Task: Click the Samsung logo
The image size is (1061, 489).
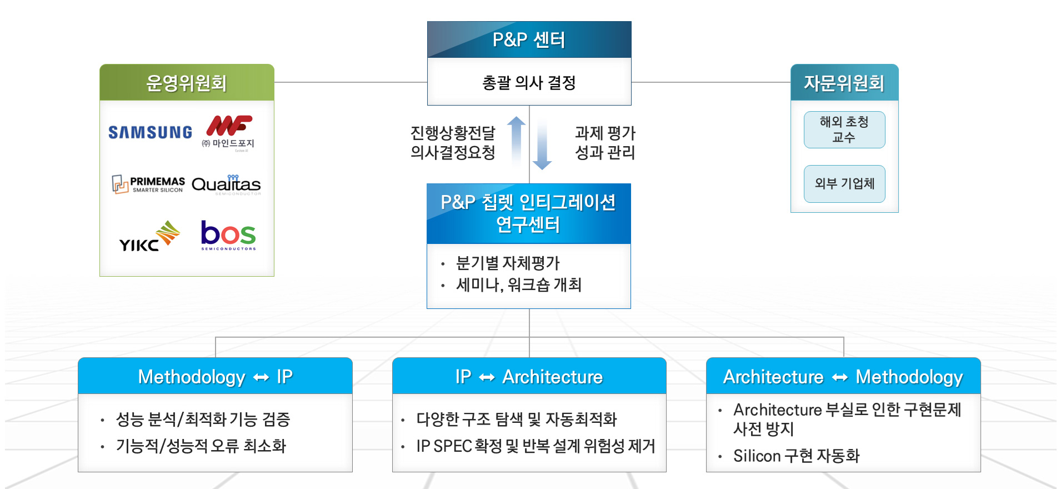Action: [x=150, y=132]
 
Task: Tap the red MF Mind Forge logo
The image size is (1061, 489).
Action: [x=228, y=131]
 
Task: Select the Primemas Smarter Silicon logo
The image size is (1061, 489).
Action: [x=148, y=184]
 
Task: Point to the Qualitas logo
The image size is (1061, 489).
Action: [x=226, y=184]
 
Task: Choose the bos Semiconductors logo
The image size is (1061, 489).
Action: [x=228, y=236]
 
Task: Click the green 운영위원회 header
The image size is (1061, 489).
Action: [x=187, y=83]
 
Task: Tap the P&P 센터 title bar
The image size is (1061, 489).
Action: [x=529, y=40]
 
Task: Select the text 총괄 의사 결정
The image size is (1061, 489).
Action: [x=529, y=83]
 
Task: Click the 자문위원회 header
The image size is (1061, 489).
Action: [x=844, y=83]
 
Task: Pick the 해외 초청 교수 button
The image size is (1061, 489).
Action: [x=844, y=129]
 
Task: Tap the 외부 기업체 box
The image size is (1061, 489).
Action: [x=844, y=184]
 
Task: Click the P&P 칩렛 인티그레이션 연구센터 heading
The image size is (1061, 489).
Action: [x=528, y=213]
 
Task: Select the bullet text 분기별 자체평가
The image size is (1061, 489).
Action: [x=508, y=263]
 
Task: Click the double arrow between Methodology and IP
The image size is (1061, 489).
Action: [x=261, y=378]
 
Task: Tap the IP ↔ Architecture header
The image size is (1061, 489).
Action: [x=529, y=377]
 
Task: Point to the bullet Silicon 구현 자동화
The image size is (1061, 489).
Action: [x=796, y=456]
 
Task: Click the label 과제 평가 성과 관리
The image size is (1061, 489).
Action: [x=604, y=143]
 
